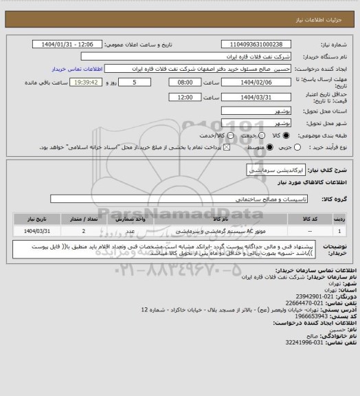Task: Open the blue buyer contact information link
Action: click(77, 69)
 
